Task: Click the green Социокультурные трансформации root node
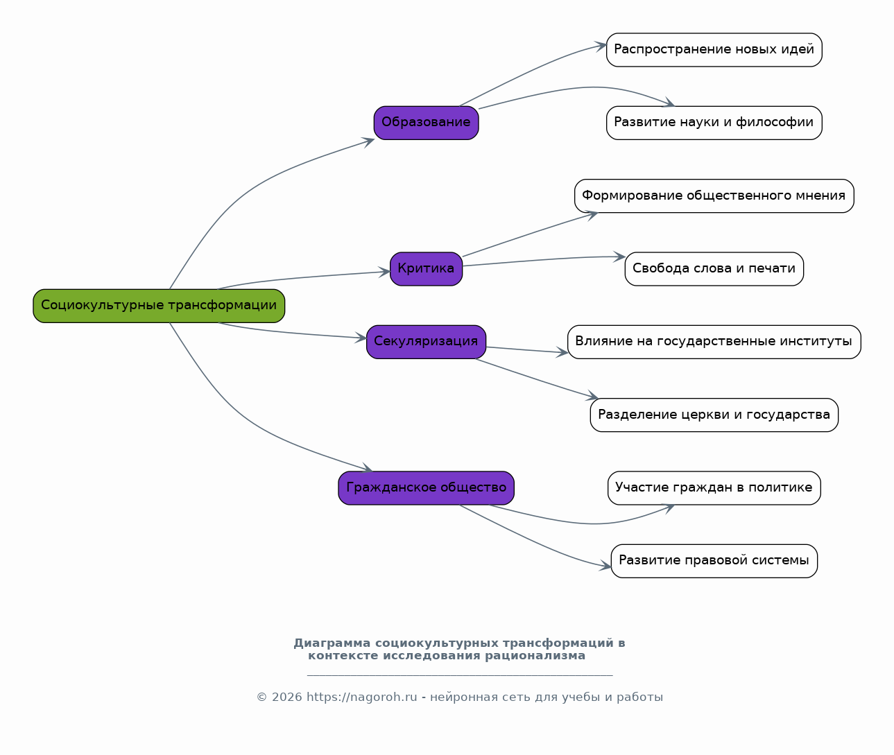159,306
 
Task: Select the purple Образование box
426,123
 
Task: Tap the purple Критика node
426,269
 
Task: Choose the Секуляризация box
426,342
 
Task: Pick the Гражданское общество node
426,488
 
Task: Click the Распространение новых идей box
714,50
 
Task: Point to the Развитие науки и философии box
714,123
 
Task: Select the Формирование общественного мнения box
714,196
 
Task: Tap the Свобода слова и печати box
714,269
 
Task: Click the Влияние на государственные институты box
714,342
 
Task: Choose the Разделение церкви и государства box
714,415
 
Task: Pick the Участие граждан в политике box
714,488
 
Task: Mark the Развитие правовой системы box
714,561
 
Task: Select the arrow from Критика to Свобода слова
544,259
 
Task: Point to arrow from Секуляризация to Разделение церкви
538,379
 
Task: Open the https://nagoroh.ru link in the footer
362,697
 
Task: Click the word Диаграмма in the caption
332,643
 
